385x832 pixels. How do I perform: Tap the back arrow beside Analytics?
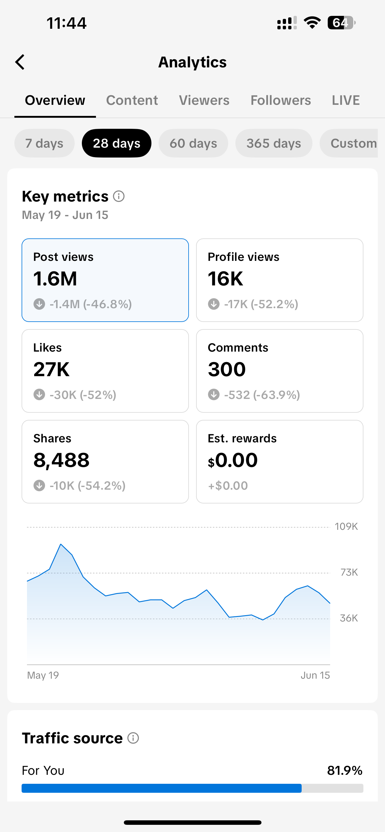point(20,62)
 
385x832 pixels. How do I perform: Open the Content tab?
point(132,100)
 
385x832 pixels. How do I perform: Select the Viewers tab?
point(204,100)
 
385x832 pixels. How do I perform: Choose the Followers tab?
point(281,100)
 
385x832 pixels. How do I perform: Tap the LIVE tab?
point(345,100)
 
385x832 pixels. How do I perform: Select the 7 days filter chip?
point(44,143)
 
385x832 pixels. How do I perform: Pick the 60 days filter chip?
point(193,143)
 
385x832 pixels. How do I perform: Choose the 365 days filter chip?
point(273,143)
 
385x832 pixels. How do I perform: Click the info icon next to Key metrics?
point(119,196)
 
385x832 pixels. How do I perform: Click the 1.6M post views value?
point(55,279)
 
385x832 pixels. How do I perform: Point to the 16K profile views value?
point(225,279)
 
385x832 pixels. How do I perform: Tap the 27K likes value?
point(51,370)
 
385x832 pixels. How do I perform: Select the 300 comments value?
point(227,370)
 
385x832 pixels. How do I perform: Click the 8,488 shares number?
point(61,460)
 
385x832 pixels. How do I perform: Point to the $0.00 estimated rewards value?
point(233,460)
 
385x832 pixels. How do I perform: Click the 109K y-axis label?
point(346,527)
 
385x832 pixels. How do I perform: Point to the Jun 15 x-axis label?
point(315,675)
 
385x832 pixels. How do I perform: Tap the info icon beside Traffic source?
point(133,738)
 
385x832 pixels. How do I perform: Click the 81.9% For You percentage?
point(345,771)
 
